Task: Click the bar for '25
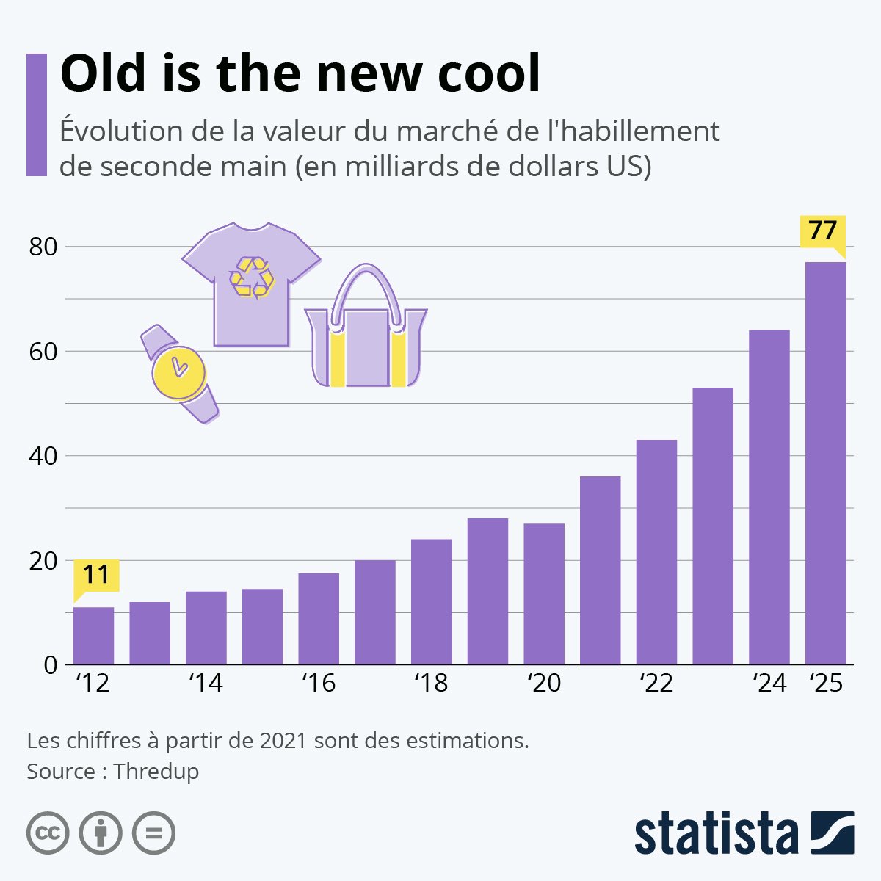[x=825, y=463]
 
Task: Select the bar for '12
[x=93, y=636]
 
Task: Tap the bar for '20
[x=544, y=594]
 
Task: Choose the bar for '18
[x=431, y=602]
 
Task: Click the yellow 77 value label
[x=822, y=231]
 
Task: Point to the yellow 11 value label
[x=96, y=575]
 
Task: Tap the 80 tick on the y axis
[x=43, y=247]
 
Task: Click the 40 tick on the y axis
[x=43, y=456]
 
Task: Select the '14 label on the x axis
[x=206, y=684]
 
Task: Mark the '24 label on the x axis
[x=769, y=684]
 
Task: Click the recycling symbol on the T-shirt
[x=252, y=278]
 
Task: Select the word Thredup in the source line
[x=156, y=772]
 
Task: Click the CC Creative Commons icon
[x=48, y=833]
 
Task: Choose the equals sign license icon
[x=153, y=833]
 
